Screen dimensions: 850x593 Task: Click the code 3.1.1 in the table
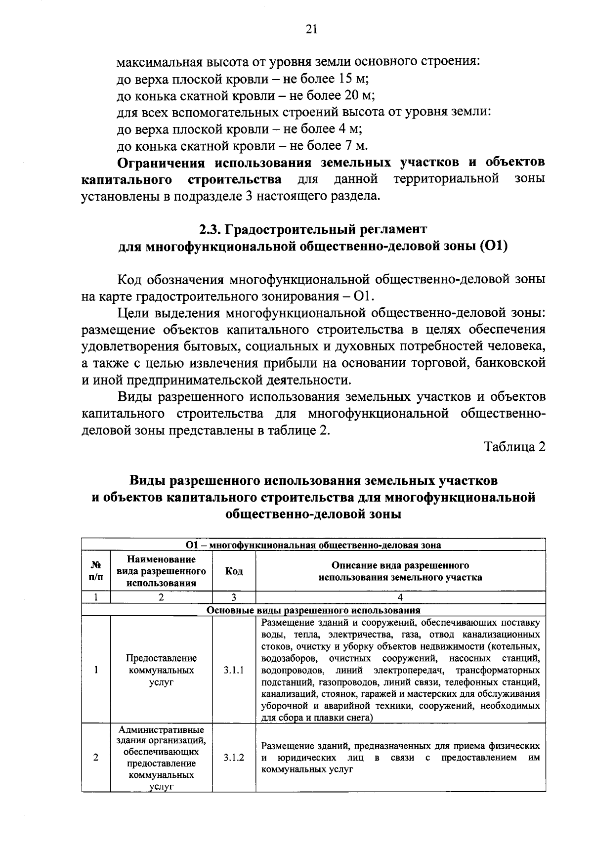coord(234,671)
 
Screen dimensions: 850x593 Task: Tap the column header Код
coord(234,571)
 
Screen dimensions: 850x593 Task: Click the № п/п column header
coord(96,571)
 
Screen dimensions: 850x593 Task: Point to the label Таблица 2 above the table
coord(515,447)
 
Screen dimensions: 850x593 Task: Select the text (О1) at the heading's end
coord(494,246)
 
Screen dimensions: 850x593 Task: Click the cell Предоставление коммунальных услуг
coord(161,671)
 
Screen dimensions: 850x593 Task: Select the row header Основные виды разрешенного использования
coord(313,610)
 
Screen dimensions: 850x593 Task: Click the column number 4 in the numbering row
coord(400,597)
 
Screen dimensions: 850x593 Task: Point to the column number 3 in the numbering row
coord(234,597)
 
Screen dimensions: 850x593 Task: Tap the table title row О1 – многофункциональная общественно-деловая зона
coord(313,546)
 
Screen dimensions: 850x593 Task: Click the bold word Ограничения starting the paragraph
coord(161,163)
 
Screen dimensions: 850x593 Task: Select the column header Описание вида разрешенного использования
coord(400,571)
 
